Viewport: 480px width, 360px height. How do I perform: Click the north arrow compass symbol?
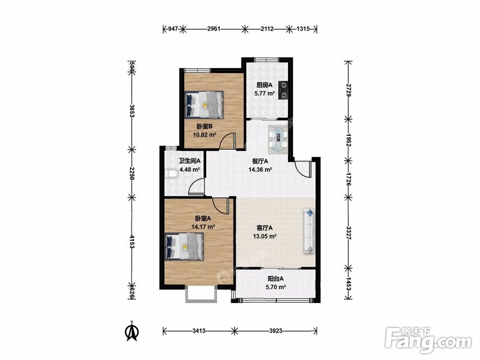[x=132, y=331]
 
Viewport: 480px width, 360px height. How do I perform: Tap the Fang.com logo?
[x=428, y=340]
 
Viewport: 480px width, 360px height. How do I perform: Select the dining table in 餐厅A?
[x=278, y=139]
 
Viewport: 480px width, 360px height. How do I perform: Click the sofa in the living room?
[x=309, y=231]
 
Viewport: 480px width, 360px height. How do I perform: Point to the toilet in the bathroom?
[x=171, y=174]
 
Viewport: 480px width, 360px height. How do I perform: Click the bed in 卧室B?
[x=204, y=104]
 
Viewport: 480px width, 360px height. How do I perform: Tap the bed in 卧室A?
[x=184, y=246]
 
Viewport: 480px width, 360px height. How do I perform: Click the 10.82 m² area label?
[x=204, y=134]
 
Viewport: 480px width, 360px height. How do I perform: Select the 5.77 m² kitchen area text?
[x=264, y=93]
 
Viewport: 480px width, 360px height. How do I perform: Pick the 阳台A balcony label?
[x=276, y=278]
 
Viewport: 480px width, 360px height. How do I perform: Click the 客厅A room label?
[x=264, y=228]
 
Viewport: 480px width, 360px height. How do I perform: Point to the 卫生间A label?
[x=190, y=160]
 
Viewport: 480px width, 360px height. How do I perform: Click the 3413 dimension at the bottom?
[x=199, y=331]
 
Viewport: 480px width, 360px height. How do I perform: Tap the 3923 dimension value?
[x=276, y=331]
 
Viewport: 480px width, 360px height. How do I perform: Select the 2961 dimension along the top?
[x=214, y=29]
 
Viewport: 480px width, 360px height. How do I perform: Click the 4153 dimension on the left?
[x=132, y=242]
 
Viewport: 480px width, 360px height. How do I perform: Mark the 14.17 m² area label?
[x=203, y=227]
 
